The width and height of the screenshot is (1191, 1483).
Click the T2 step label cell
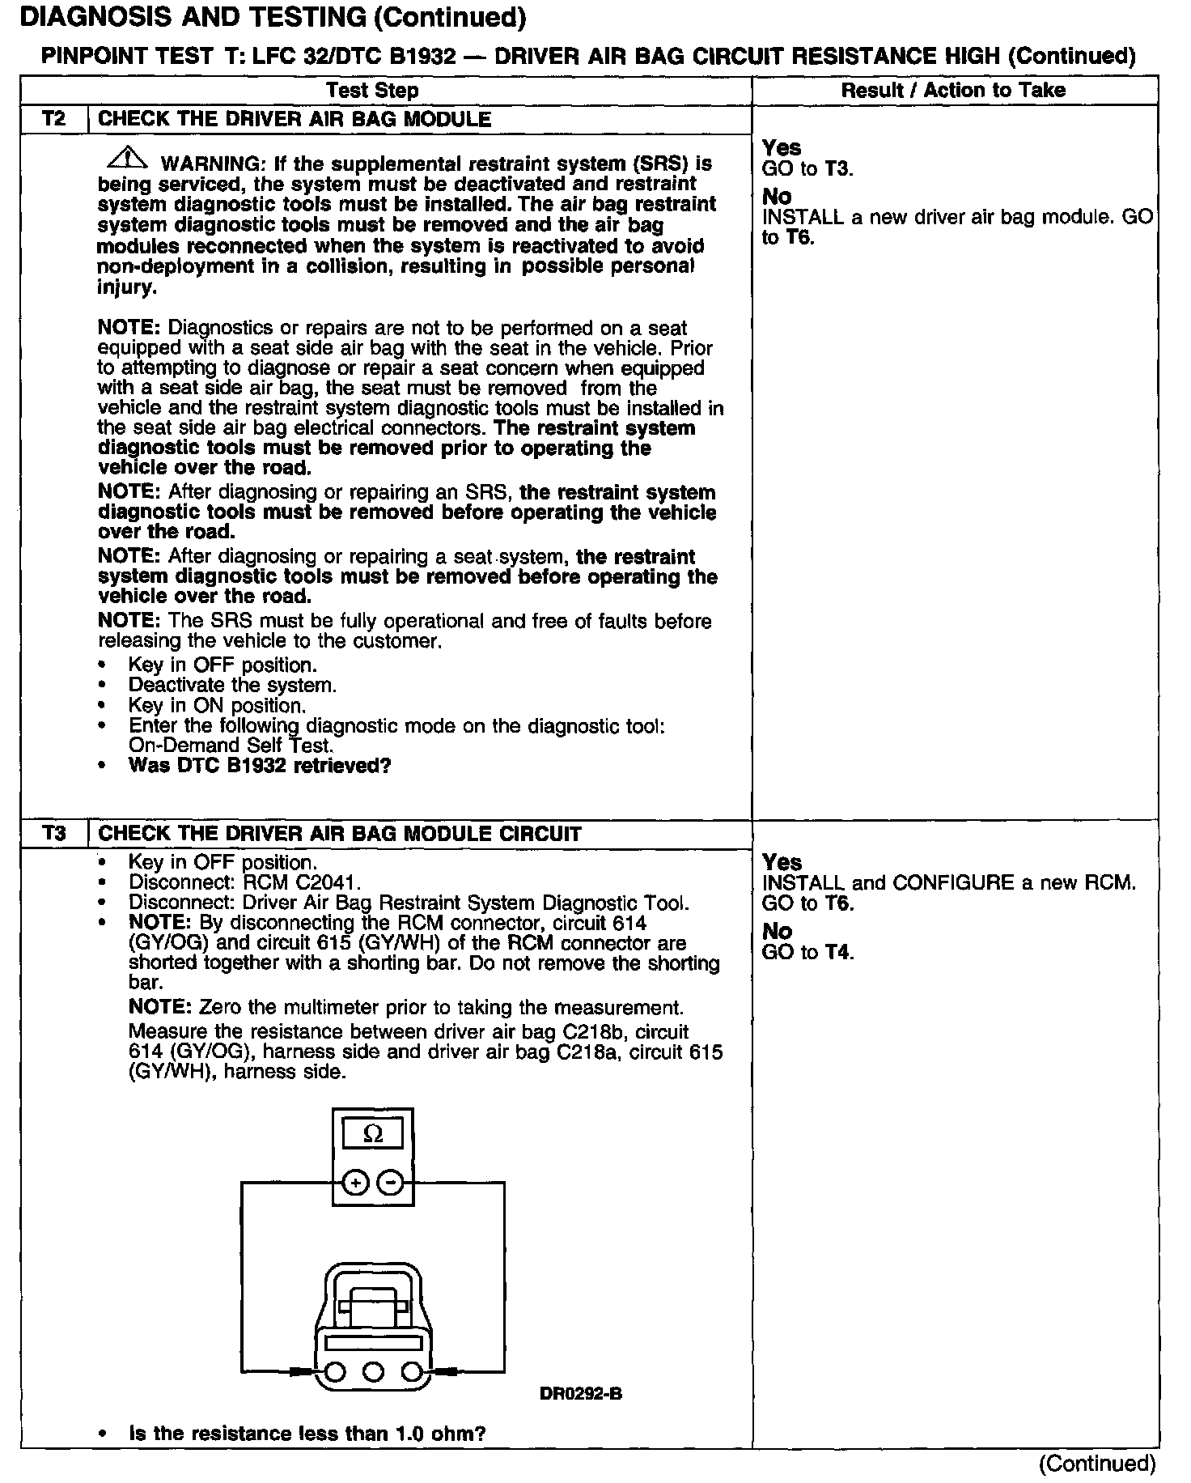[53, 119]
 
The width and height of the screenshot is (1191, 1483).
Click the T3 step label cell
[53, 834]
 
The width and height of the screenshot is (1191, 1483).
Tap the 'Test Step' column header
[372, 91]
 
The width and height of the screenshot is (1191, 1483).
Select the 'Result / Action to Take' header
[953, 91]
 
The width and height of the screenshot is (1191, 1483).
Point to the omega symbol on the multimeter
[373, 1133]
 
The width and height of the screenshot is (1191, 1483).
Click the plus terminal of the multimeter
[355, 1183]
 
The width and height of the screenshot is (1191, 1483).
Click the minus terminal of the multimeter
[391, 1183]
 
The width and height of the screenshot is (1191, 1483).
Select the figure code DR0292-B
[580, 1394]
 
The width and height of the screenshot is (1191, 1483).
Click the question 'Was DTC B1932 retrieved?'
[260, 766]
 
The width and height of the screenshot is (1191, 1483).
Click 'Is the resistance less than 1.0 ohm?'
[307, 1434]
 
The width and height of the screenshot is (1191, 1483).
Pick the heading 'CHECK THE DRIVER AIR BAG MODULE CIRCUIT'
[339, 834]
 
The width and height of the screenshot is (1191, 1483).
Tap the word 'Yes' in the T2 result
[782, 147]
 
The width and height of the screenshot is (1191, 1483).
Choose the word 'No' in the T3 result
[778, 931]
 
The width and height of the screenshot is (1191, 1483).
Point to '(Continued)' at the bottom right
[1097, 1464]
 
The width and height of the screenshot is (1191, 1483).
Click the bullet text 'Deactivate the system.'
[233, 686]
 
